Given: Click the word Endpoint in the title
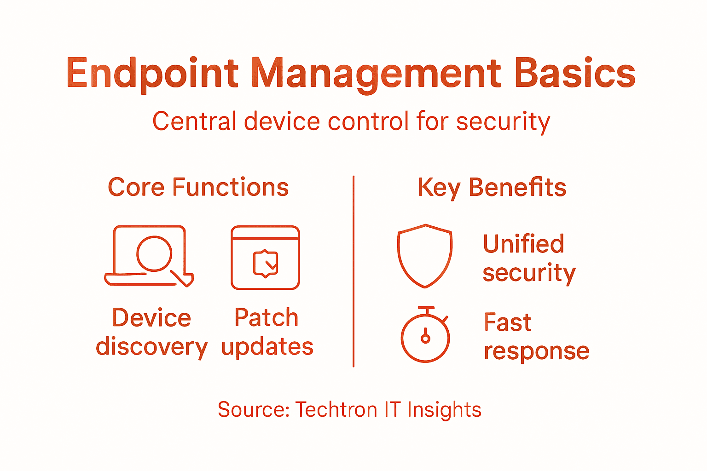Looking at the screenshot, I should (x=152, y=74).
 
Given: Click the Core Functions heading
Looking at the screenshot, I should (x=198, y=188).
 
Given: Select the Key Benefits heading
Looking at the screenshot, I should (x=492, y=188).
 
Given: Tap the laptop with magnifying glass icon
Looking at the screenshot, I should (x=149, y=256).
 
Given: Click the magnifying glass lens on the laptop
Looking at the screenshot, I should (x=154, y=253).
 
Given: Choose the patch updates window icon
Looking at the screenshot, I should (x=265, y=258).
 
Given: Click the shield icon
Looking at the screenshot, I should (x=425, y=255).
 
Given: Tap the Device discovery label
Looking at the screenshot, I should (x=151, y=332).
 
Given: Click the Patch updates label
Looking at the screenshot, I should (x=267, y=332).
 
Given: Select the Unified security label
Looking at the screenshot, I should (x=528, y=258).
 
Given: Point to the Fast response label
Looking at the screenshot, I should (x=536, y=337).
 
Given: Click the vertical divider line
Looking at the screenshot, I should (x=353, y=271).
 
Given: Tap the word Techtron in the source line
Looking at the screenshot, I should (x=336, y=409).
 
